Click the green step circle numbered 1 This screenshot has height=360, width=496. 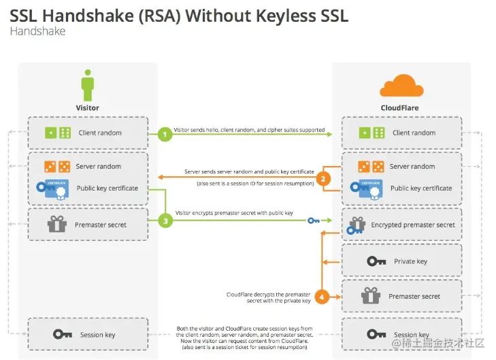pyautogui.click(x=164, y=134)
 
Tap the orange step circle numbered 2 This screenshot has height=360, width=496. pyautogui.click(x=325, y=179)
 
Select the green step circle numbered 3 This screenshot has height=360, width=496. pyautogui.click(x=164, y=220)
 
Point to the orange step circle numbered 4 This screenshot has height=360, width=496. pyautogui.click(x=325, y=296)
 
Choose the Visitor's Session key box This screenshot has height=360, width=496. pyautogui.click(x=88, y=334)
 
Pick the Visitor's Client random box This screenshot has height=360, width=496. pyautogui.click(x=88, y=133)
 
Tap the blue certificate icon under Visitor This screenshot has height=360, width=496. pyautogui.click(x=52, y=189)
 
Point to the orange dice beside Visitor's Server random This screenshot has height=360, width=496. pyautogui.click(x=57, y=166)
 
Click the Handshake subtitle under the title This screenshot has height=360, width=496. pyautogui.click(x=37, y=31)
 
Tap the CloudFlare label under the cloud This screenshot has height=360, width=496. pyautogui.click(x=399, y=108)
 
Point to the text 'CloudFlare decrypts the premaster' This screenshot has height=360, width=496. pyautogui.click(x=268, y=295)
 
